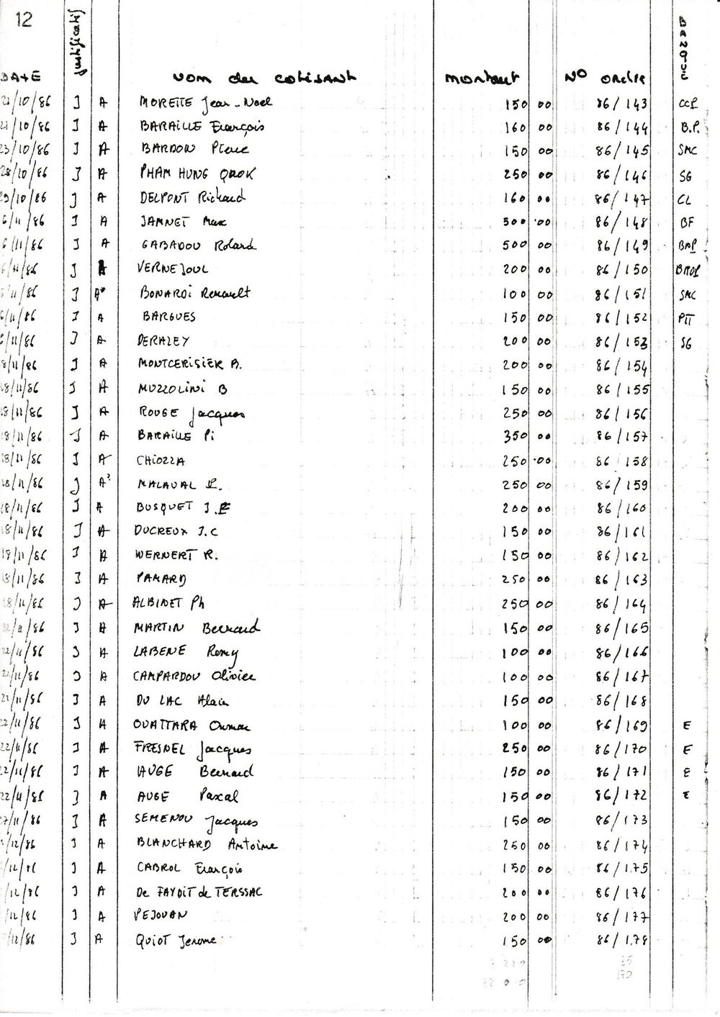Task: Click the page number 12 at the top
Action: (x=24, y=19)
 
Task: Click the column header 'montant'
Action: (x=482, y=78)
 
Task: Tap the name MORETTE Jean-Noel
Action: (x=205, y=103)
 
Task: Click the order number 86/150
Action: (x=622, y=269)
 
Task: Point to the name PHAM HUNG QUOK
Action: (x=196, y=174)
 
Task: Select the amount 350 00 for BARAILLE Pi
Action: (x=528, y=436)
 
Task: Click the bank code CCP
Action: (x=688, y=104)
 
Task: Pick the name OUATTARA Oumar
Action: (x=193, y=726)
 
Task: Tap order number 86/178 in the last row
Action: (x=622, y=940)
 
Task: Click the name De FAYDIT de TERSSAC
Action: (x=199, y=892)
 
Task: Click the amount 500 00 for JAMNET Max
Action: (x=528, y=222)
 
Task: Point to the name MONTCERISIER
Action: (x=189, y=364)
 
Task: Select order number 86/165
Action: (x=622, y=628)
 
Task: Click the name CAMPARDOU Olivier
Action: (x=194, y=677)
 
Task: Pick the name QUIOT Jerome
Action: (x=176, y=940)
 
